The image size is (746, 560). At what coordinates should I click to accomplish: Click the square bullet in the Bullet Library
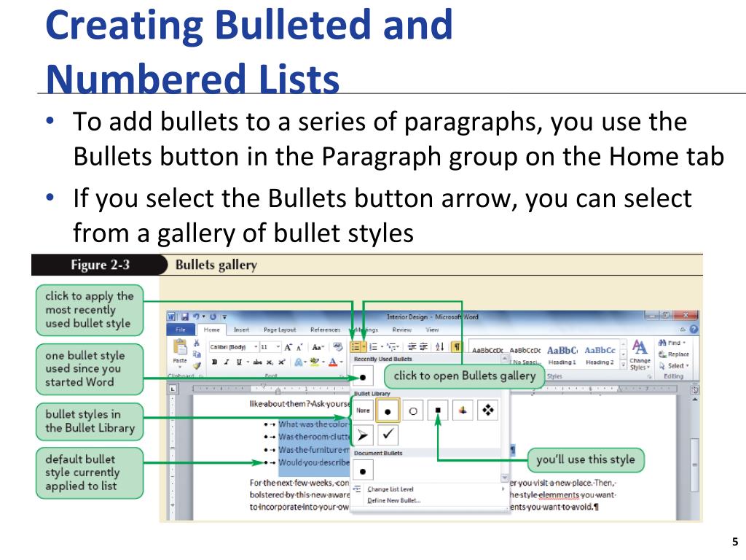coord(437,411)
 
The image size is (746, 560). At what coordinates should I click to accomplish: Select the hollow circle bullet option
coord(413,411)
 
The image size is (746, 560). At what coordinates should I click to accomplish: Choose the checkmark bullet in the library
coord(388,436)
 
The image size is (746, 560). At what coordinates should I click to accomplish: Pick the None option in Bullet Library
coord(363,411)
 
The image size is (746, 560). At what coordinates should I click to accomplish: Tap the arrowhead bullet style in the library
coord(363,436)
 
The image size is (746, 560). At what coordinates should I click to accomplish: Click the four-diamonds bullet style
coord(487,411)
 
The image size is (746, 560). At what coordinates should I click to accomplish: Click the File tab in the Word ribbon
coord(181,330)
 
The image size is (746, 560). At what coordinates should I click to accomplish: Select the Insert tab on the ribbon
coord(241,330)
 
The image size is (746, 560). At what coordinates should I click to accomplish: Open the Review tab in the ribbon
coord(401,330)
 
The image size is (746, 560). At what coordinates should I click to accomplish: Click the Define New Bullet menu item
coord(393,500)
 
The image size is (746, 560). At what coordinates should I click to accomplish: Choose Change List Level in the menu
coord(390,489)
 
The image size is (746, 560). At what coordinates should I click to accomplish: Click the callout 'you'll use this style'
coord(585,460)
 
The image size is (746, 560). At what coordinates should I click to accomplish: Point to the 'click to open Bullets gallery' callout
coord(465,376)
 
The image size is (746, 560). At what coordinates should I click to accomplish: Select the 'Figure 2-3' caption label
coord(100,265)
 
